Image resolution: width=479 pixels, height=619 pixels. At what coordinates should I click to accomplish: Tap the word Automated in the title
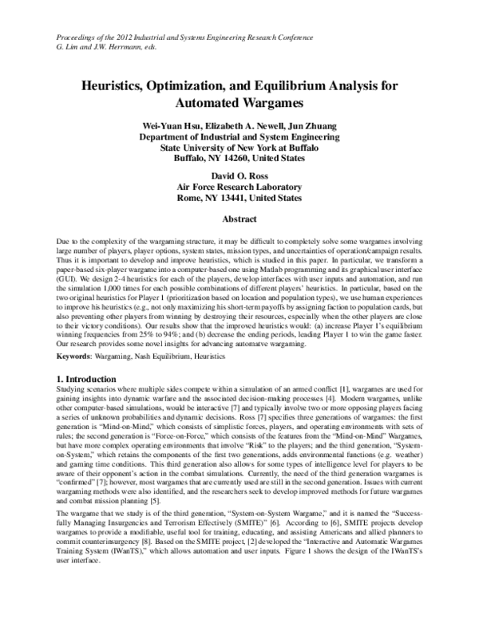pyautogui.click(x=205, y=103)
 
